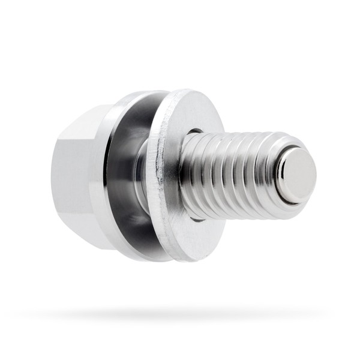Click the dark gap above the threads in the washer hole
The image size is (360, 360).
tap(195, 131)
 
